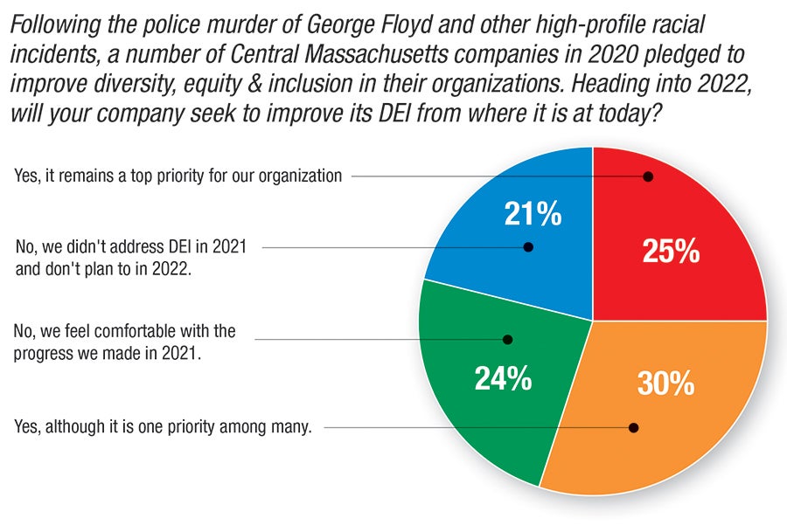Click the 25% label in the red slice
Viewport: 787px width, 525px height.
tap(671, 252)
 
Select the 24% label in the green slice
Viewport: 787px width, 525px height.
tap(503, 378)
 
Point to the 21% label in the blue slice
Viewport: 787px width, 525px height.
tap(533, 214)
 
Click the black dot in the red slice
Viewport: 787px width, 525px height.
tap(648, 176)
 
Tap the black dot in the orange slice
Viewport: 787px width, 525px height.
tap(634, 428)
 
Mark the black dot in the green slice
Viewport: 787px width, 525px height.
tap(508, 339)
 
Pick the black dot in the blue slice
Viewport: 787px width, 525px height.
tap(528, 247)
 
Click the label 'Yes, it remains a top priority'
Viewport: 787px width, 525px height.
tap(178, 176)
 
